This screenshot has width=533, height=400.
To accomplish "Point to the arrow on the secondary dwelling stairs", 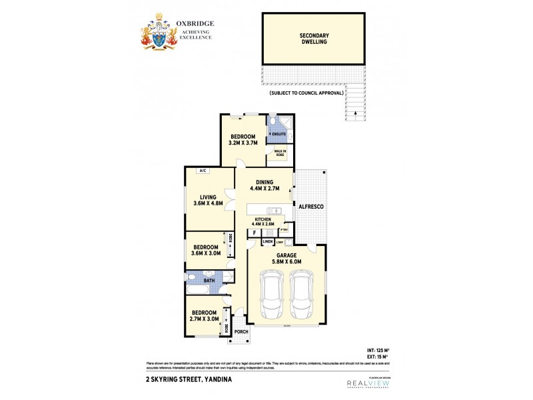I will coord(355,113).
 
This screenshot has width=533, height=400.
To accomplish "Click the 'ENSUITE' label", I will coord(278,134).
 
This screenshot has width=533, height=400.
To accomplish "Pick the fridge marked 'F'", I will coord(255,233).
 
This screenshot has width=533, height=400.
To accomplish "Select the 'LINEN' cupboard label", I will coord(267,241).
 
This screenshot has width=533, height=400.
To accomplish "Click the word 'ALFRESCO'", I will coord(310,207).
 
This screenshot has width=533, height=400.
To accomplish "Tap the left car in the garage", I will coord(271,296).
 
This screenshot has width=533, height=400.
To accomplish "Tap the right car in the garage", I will coord(304,296).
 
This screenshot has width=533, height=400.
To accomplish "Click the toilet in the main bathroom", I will coord(192,277).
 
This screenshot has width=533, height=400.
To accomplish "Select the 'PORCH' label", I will coord(241,331).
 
